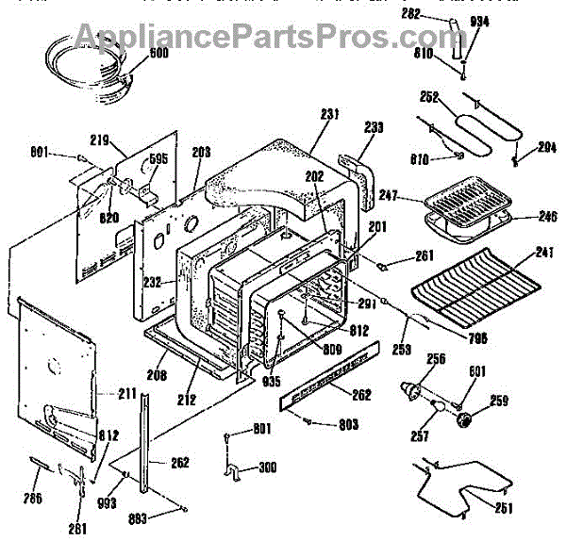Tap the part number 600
136,54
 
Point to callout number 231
329,115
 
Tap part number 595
158,159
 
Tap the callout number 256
435,358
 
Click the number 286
35,497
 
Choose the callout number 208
158,374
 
